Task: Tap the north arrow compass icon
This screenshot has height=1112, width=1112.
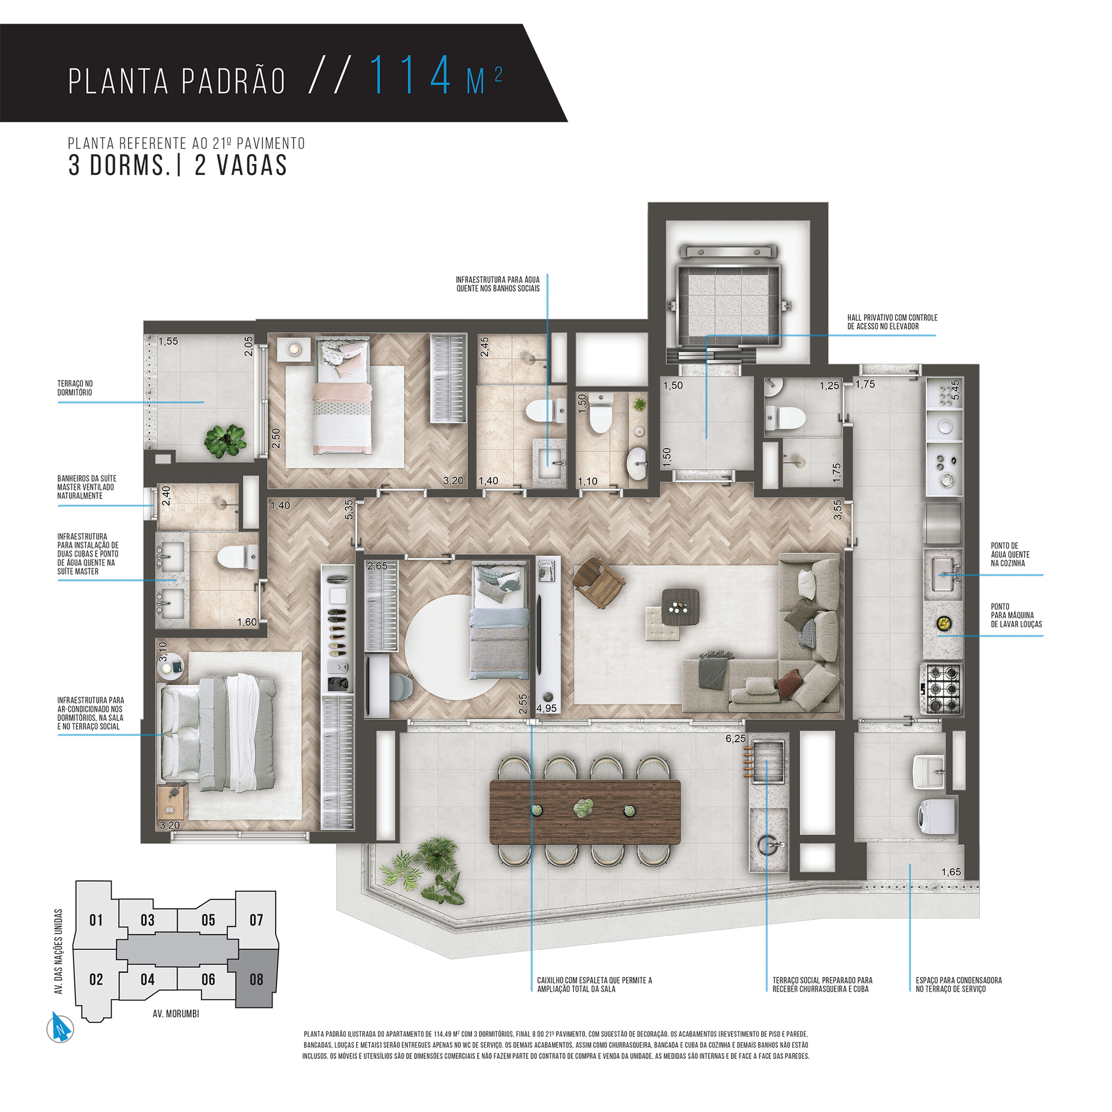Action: (x=60, y=1029)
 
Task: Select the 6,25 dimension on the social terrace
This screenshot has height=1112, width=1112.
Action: (x=735, y=738)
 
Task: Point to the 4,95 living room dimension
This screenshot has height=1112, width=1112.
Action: (x=546, y=708)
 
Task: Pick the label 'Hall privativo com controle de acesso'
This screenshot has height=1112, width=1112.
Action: (x=892, y=322)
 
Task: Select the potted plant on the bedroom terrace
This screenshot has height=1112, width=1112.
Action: (x=225, y=441)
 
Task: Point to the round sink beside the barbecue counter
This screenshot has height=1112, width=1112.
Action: (x=770, y=845)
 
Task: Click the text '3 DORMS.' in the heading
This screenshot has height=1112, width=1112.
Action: (x=119, y=166)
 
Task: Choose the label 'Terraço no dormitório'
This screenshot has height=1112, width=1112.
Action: (x=75, y=388)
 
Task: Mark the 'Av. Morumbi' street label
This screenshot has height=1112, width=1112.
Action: (x=175, y=1014)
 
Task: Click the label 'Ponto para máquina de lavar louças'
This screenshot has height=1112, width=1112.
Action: (x=1016, y=615)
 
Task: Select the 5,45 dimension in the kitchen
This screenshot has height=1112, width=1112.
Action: (x=955, y=389)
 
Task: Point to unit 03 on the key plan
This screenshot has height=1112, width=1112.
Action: (x=148, y=920)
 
